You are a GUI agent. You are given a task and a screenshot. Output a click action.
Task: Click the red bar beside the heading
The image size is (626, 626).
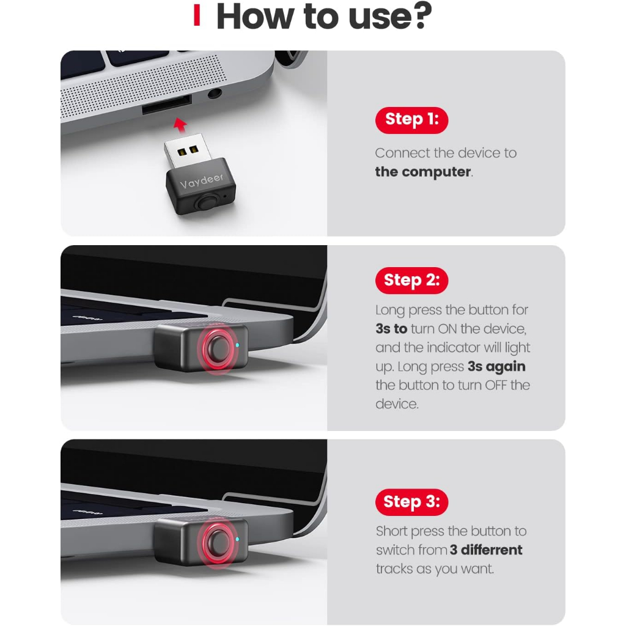tap(196, 15)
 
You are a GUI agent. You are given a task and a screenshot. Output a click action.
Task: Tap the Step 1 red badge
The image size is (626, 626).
tap(411, 120)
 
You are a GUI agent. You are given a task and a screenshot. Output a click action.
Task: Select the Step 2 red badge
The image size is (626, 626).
tap(411, 280)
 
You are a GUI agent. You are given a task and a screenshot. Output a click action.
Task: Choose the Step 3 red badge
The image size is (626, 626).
tap(411, 502)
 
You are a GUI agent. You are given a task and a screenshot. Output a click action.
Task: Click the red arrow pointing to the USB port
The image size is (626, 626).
tap(180, 125)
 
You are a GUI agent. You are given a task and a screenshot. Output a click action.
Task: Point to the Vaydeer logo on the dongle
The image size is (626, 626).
tap(202, 180)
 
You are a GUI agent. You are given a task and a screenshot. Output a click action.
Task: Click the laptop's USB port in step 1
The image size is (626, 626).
tap(166, 104)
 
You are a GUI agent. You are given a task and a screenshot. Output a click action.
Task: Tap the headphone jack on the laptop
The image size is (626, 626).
tap(215, 94)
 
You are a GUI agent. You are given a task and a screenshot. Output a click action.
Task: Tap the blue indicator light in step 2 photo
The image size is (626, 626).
tap(238, 345)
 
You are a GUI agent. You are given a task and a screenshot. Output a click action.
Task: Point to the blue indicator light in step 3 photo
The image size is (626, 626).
tap(238, 539)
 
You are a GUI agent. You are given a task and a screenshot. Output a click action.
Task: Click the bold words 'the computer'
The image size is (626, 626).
tap(423, 172)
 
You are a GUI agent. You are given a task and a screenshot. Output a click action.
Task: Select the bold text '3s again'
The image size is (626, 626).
tap(496, 367)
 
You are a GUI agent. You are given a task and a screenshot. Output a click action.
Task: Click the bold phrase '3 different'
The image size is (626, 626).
tap(486, 550)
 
